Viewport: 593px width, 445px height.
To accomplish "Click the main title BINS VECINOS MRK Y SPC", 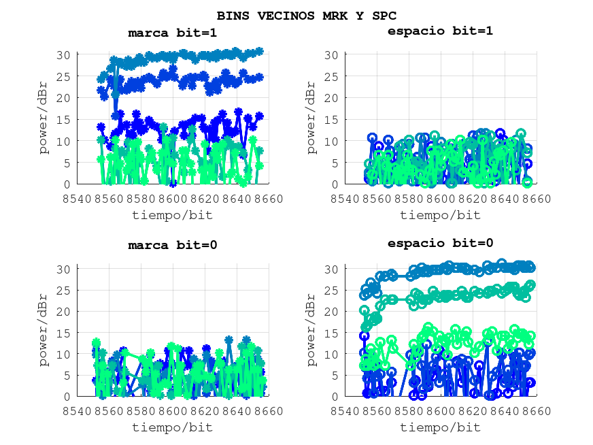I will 307,15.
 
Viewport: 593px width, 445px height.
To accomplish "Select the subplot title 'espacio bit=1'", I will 440,31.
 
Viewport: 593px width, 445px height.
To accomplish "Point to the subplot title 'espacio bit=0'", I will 440,243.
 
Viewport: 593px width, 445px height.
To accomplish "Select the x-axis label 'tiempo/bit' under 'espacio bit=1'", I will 440,215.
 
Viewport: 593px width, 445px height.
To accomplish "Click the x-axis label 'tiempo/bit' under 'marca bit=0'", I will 172,427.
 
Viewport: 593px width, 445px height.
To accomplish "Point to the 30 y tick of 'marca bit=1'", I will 64,54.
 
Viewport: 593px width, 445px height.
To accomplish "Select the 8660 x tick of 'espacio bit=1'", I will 537,198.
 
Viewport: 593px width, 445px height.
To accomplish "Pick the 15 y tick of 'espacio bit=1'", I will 332,119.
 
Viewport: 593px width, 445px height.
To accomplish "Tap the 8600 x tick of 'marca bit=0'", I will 172,410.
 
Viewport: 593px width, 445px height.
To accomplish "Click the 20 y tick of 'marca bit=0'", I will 64,311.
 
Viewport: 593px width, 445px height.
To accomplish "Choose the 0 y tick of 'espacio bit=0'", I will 335,397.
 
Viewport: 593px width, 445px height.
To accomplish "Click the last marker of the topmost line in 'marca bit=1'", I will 259,51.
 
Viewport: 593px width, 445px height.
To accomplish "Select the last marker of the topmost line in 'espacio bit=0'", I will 530,267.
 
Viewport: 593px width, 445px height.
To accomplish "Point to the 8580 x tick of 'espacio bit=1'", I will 409,198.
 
